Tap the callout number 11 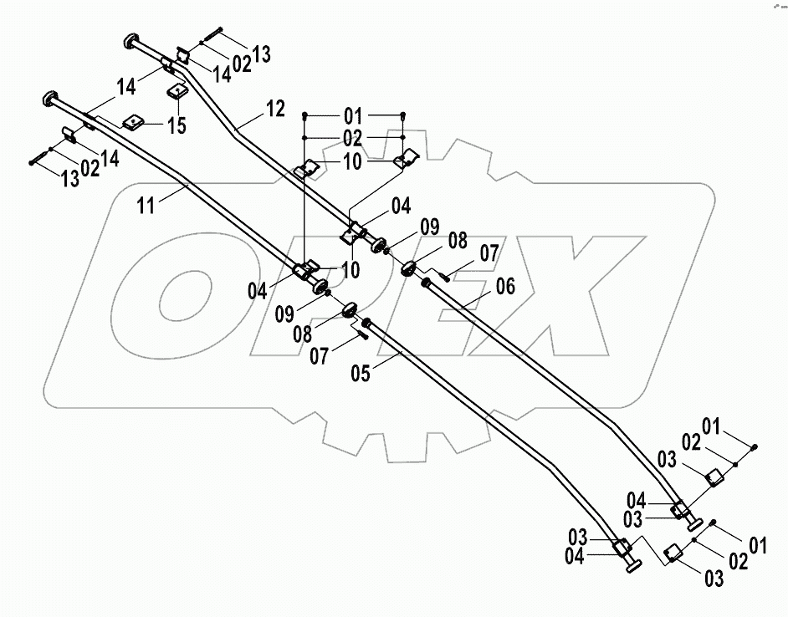147,204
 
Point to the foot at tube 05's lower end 632,567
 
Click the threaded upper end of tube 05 366,321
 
